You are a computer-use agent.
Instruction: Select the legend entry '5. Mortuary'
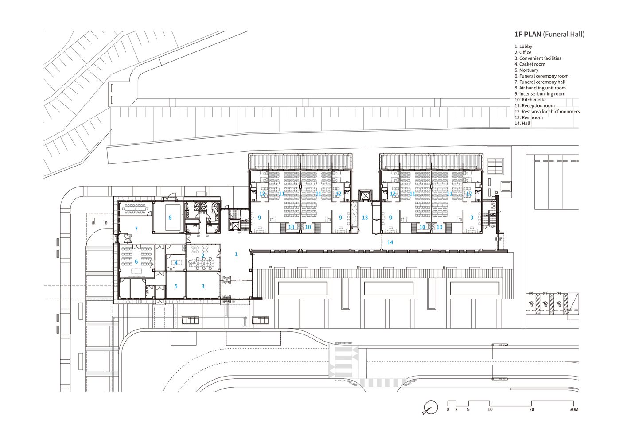tap(526, 70)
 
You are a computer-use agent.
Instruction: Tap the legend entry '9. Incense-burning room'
tap(540, 94)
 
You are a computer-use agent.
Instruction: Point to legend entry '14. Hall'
tap(522, 123)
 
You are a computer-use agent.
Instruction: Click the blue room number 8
tap(170, 218)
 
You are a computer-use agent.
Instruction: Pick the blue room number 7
tap(136, 229)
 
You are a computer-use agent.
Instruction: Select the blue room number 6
tap(136, 262)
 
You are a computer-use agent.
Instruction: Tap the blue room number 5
tap(176, 286)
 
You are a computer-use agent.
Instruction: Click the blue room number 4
tap(176, 263)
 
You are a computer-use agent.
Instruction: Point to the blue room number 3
tap(203, 286)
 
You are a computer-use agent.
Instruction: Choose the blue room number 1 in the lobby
tap(236, 254)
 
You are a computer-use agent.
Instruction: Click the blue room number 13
tap(365, 218)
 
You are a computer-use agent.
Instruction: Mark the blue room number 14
tap(390, 242)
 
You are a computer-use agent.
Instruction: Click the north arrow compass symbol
tap(430, 408)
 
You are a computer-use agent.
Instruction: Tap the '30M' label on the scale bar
tap(574, 409)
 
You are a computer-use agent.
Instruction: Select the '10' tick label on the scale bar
tap(490, 409)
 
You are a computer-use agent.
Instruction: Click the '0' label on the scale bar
tap(448, 409)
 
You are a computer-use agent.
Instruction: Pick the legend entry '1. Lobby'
tap(523, 47)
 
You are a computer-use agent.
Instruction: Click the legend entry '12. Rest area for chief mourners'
tap(547, 112)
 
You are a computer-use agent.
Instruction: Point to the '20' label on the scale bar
tap(531, 409)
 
